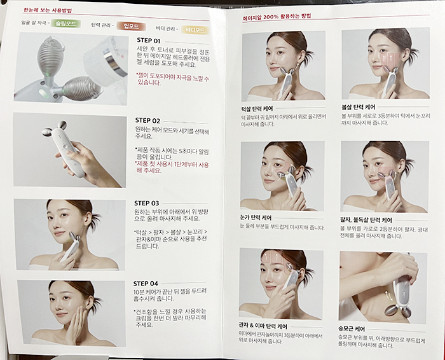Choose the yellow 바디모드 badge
coord(194,29)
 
